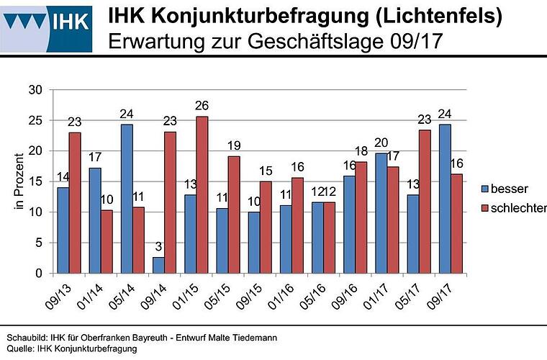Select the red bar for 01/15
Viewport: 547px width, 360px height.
(202, 194)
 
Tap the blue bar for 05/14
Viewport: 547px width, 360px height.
(126, 199)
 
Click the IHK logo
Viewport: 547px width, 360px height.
(47, 27)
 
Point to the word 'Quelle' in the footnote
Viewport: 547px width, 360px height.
(19, 348)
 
